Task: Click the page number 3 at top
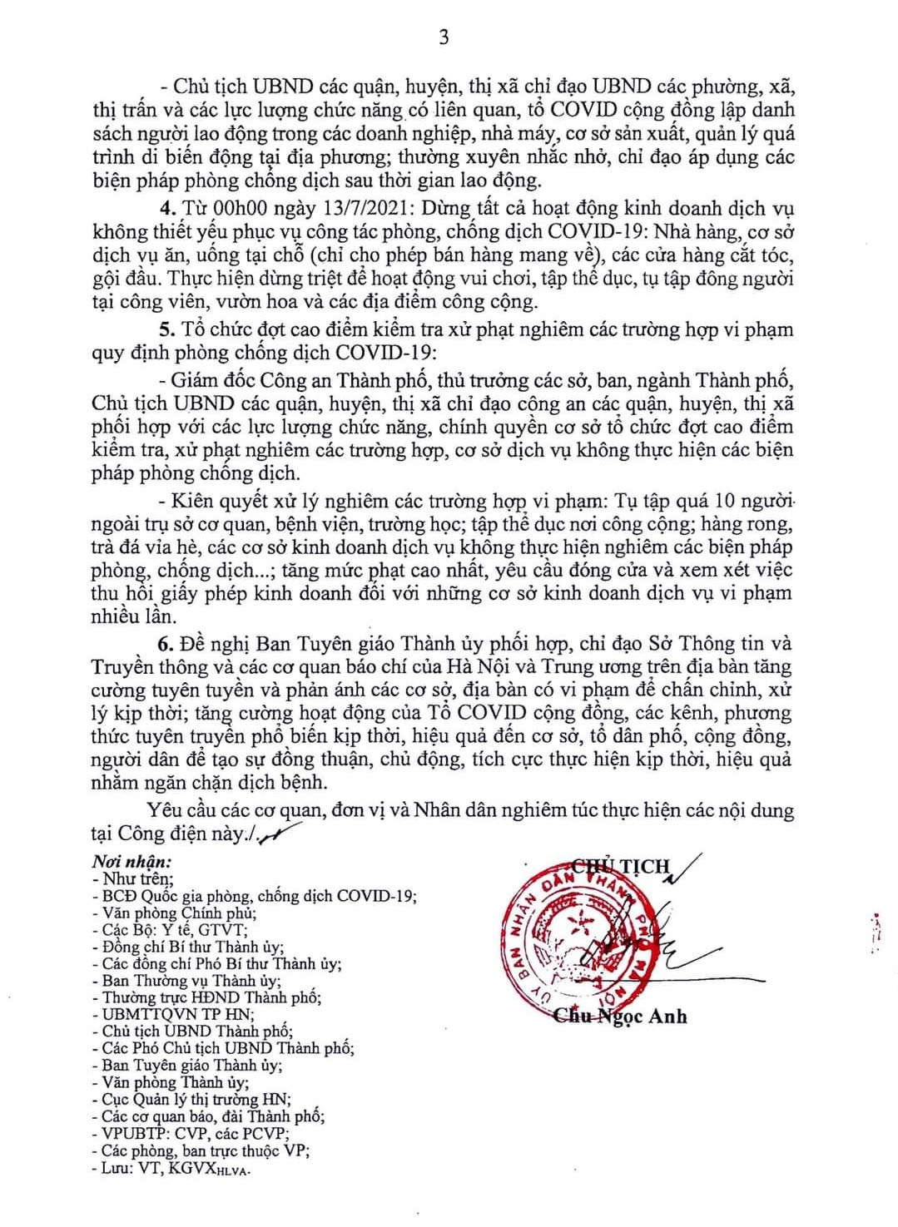pos(444,37)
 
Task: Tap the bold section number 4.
pos(166,208)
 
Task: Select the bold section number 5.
pos(166,329)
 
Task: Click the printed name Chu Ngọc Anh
pos(621,1016)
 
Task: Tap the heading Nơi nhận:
pos(131,862)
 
